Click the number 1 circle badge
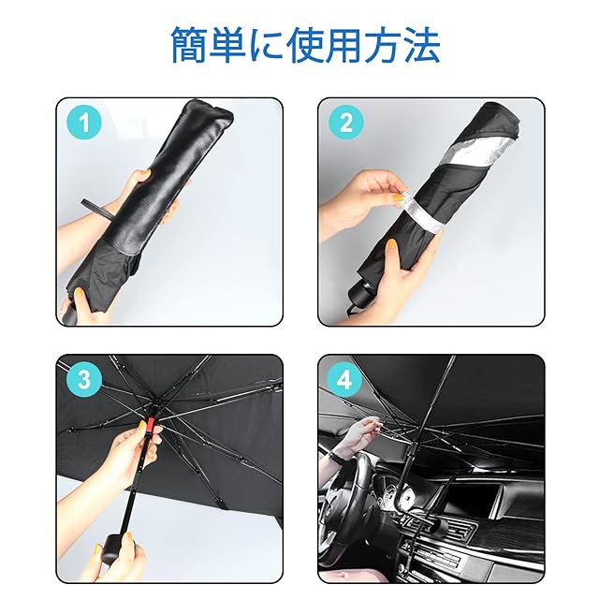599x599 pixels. (84, 123)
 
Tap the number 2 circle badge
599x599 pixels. (345, 123)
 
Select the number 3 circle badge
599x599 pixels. (84, 379)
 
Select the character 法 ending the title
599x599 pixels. (422, 45)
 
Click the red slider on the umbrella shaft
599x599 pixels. (150, 423)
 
